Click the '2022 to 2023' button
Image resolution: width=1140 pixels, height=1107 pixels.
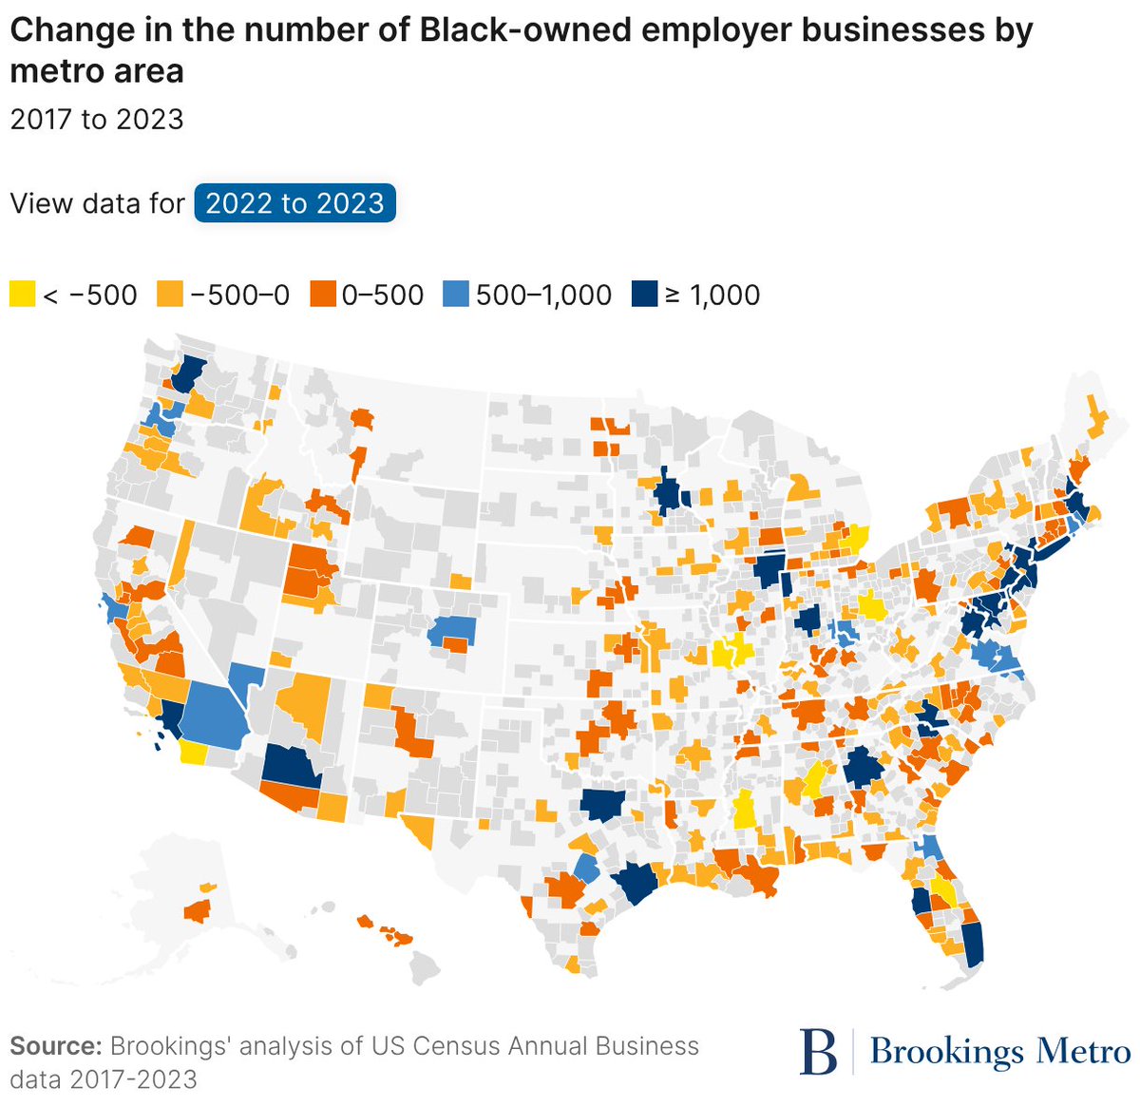294,203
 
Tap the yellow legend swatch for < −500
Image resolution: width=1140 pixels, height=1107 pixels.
22,295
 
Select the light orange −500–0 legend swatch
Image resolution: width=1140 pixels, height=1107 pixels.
171,295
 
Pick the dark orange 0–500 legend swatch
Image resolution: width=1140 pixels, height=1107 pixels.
324,295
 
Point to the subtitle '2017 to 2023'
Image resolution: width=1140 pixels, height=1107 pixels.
96,120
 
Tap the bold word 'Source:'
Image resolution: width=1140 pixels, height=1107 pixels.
55,1046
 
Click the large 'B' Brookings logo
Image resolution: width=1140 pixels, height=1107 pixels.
819,1051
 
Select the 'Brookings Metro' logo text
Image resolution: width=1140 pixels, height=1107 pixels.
1000,1052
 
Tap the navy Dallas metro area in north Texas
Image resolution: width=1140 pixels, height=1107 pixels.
603,804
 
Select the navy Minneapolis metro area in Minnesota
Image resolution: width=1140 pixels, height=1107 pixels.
672,495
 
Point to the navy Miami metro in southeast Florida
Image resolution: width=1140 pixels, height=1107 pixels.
973,941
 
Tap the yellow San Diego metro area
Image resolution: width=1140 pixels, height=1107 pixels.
193,754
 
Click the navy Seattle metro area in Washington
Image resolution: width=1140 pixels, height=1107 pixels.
190,372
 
